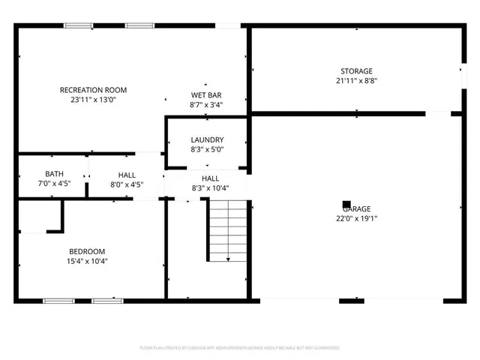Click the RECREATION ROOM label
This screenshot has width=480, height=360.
click(88, 90)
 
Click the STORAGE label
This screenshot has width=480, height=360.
click(356, 71)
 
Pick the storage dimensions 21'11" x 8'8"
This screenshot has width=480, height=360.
click(356, 81)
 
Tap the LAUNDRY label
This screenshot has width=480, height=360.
click(207, 139)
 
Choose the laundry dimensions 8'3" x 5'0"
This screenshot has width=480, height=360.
click(207, 149)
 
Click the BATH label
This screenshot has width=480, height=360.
click(54, 174)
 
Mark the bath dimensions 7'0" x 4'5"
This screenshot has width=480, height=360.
click(54, 184)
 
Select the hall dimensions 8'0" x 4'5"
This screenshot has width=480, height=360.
click(126, 184)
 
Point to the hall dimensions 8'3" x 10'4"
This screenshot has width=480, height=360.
click(210, 188)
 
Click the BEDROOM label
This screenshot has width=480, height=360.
click(87, 251)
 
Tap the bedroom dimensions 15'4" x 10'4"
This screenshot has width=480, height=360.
click(87, 261)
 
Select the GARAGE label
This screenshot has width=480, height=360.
click(357, 209)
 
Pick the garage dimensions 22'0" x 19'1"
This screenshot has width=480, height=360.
click(357, 219)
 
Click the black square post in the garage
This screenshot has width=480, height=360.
click(346, 202)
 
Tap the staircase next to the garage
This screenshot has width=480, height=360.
click(226, 231)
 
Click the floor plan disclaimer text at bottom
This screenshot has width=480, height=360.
click(240, 348)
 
